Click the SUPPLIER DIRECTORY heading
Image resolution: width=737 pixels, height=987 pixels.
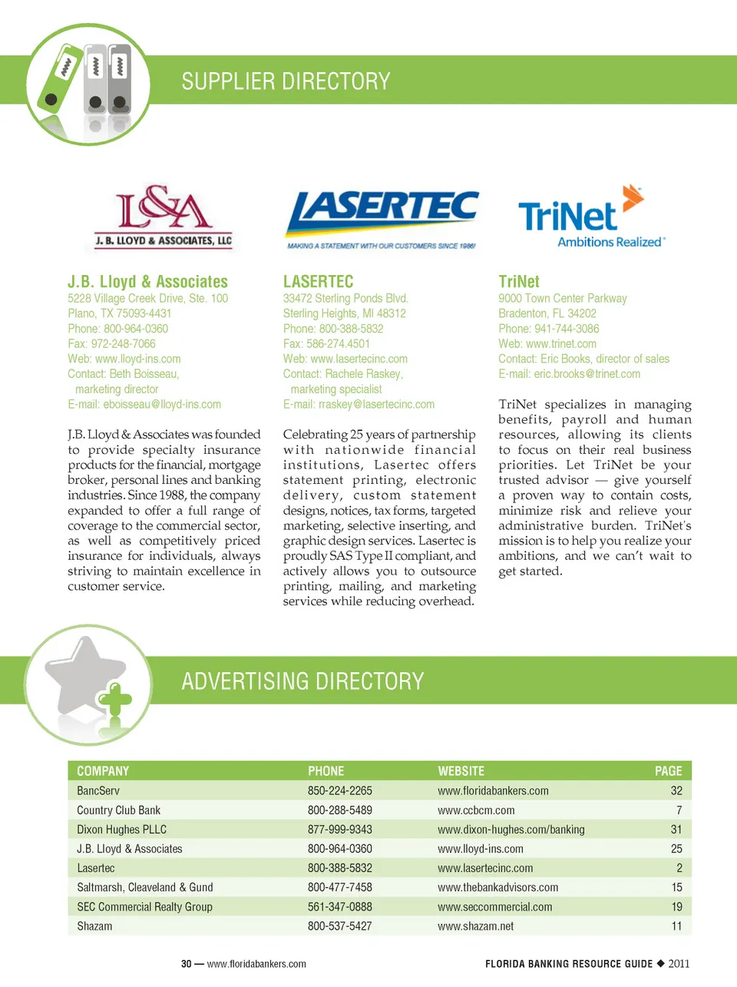(286, 81)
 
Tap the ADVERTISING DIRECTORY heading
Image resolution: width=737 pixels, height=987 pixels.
(302, 681)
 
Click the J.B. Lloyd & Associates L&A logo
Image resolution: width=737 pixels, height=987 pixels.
(163, 217)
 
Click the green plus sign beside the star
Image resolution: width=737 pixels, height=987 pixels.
(115, 701)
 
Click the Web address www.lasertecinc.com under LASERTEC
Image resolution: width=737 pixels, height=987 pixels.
(359, 359)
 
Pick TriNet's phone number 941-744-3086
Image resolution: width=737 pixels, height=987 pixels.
(567, 329)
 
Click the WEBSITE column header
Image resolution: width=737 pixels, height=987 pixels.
(461, 771)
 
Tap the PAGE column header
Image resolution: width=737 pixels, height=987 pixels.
(668, 771)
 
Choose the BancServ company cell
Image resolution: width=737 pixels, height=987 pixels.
(98, 791)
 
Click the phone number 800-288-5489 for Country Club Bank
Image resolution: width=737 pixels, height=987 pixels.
(339, 810)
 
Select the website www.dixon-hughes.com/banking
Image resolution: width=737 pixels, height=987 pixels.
(511, 830)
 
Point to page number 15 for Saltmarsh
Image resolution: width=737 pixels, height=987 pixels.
(676, 887)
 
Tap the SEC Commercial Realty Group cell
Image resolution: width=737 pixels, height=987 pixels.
(144, 907)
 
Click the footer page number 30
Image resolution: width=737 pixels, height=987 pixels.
(187, 964)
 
